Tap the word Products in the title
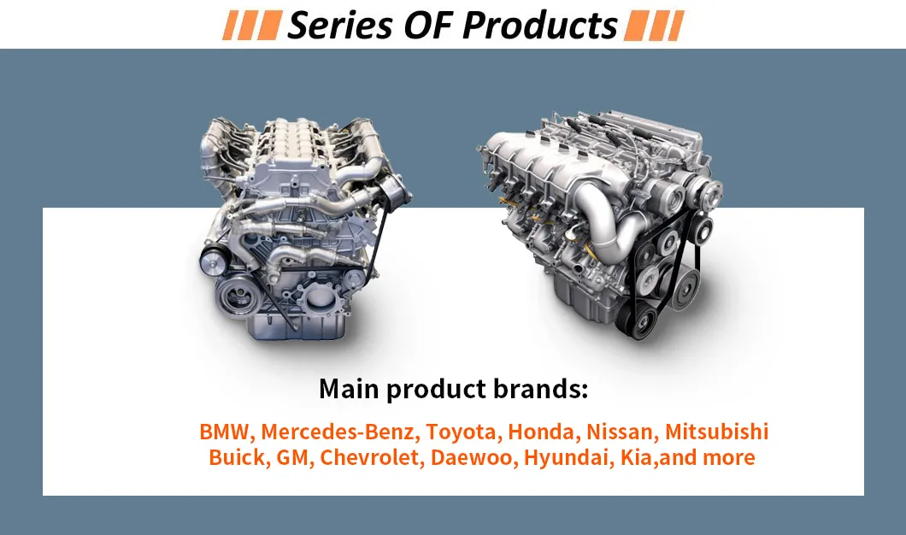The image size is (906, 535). (539, 26)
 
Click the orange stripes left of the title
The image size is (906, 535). (251, 26)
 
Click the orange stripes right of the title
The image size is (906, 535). (653, 26)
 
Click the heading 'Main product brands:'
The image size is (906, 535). (454, 389)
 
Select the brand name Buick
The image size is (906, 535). (237, 457)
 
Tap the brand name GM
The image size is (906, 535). (295, 457)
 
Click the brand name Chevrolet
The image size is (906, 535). (370, 457)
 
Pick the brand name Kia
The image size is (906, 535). (634, 457)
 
